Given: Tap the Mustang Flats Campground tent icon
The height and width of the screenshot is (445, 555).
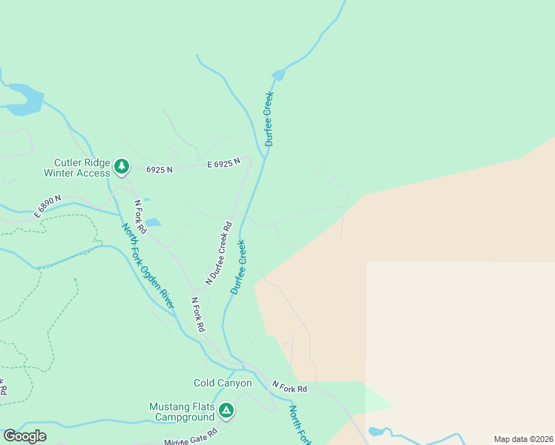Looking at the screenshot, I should tap(226, 409).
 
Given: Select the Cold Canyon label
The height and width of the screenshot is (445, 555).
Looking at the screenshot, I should tap(223, 383).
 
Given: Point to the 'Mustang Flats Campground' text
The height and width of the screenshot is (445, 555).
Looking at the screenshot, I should tap(182, 412).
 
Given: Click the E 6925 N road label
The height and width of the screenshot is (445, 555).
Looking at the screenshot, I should tap(224, 162).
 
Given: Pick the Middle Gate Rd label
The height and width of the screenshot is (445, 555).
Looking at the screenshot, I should tap(191, 438).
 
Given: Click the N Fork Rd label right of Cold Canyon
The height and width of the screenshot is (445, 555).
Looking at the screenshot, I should tap(289, 386).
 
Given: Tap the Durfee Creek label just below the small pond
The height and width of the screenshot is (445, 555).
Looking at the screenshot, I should tap(269, 119).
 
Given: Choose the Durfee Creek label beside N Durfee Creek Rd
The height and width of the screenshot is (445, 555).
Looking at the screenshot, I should tap(238, 266).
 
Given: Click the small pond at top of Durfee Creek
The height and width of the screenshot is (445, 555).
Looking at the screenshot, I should tap(278, 75).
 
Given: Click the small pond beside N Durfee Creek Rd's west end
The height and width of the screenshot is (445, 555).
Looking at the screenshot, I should tap(152, 222).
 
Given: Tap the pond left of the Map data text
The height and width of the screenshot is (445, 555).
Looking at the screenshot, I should tap(376, 431).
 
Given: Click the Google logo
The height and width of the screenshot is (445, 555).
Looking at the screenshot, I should tap(24, 436).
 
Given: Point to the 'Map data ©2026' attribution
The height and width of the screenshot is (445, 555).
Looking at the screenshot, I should tap(522, 439).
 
